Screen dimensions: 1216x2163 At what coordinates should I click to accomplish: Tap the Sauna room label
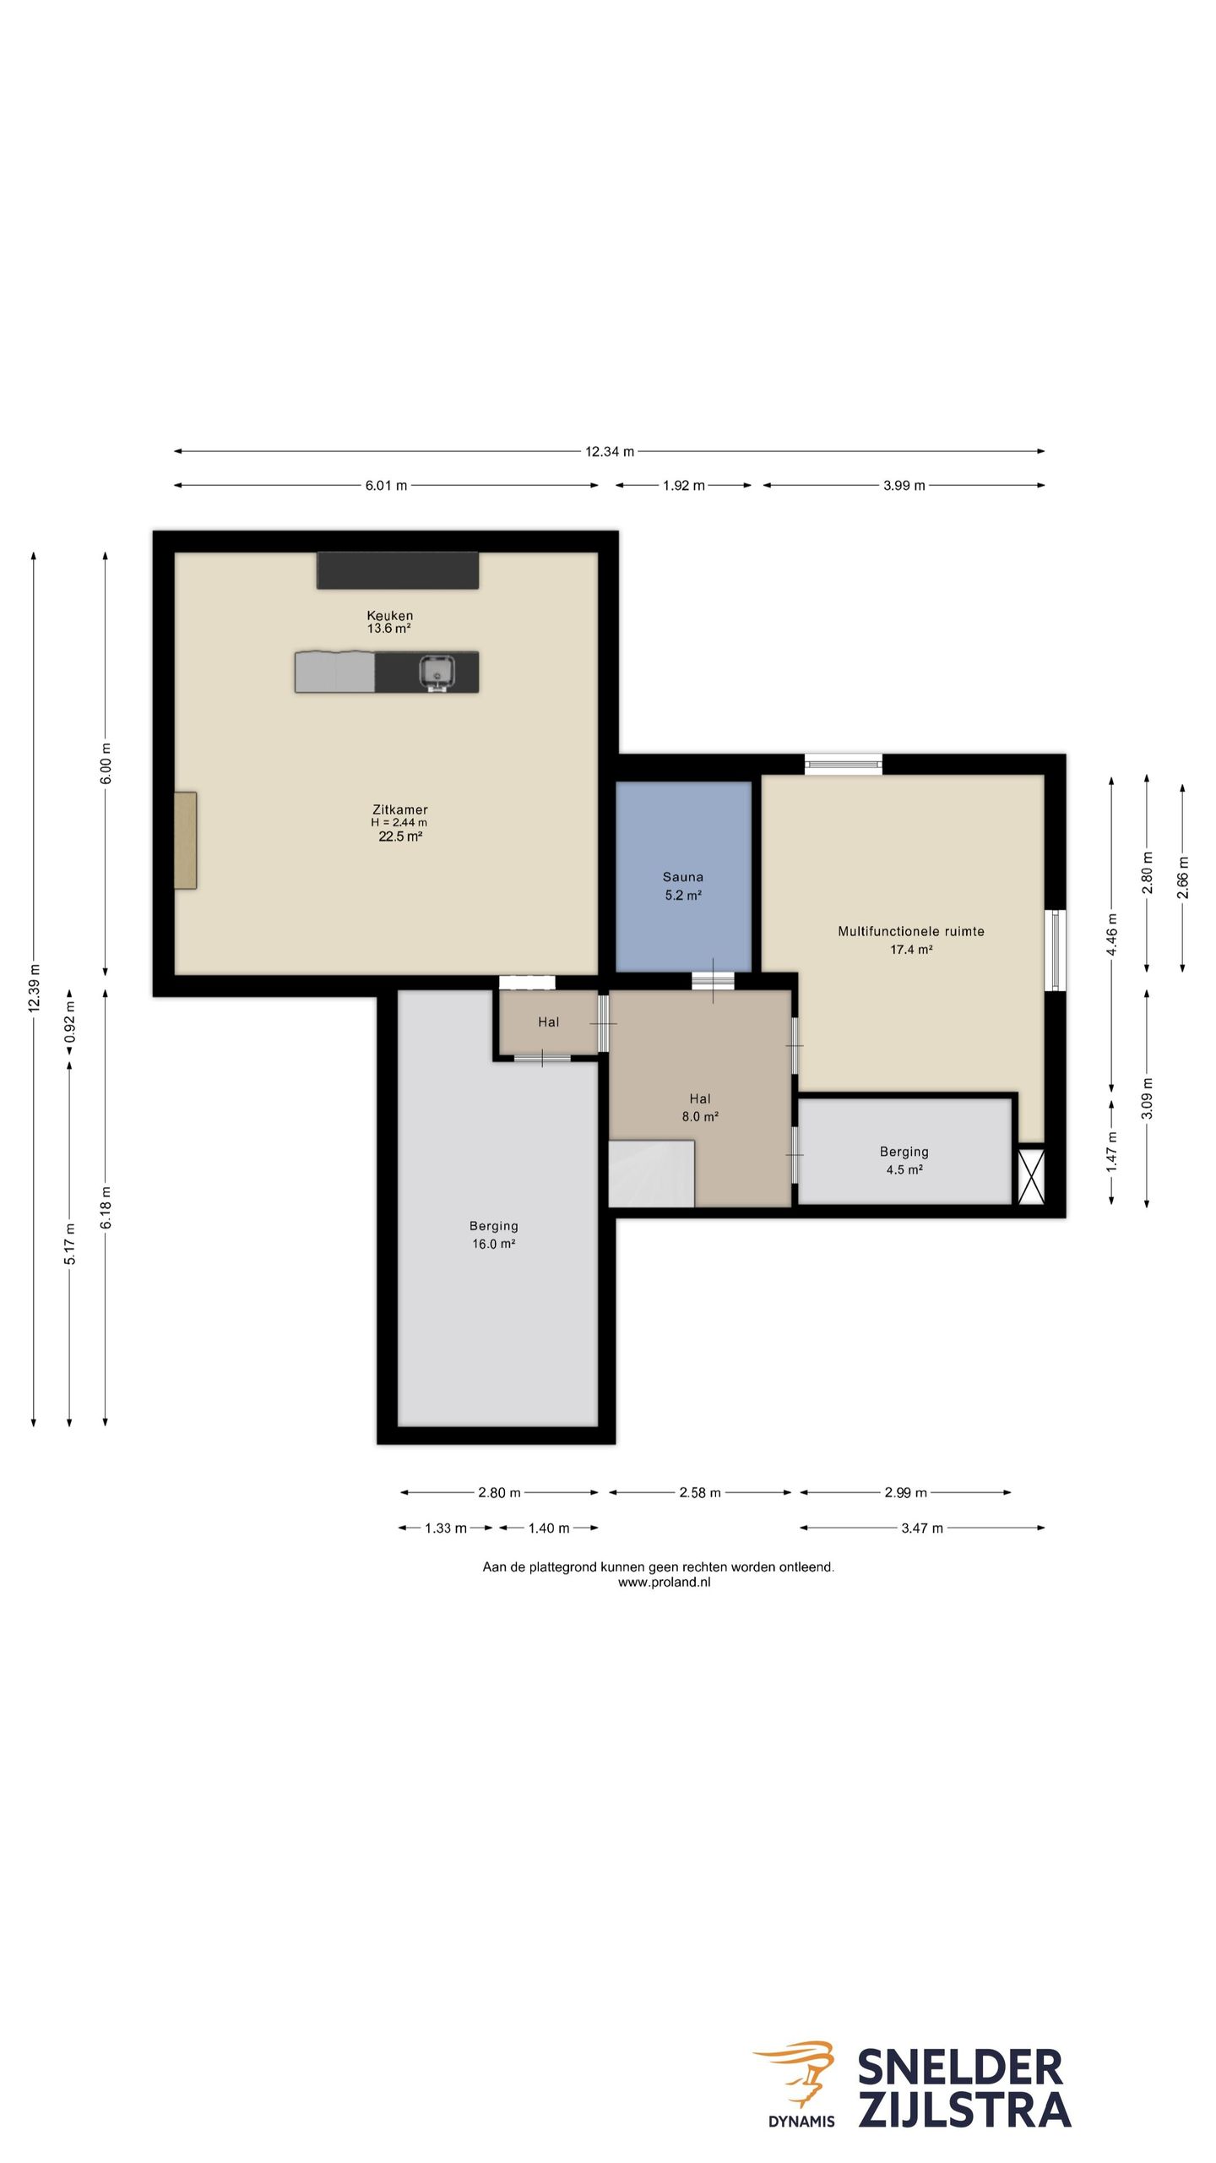coord(682,877)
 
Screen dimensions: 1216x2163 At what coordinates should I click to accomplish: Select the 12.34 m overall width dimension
coord(610,451)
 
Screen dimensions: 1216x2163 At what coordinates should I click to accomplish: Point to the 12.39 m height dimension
coord(34,989)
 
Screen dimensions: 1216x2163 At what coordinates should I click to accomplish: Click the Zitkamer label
coord(400,809)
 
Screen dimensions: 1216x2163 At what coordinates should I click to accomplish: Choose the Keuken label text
coord(390,615)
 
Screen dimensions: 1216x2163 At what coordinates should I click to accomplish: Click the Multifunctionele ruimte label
coord(911,931)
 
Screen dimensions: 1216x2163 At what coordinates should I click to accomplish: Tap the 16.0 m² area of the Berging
coord(494,1244)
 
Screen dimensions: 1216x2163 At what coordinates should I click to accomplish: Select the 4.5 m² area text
coord(904,1169)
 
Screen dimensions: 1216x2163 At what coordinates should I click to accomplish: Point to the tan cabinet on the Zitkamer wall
coord(185,840)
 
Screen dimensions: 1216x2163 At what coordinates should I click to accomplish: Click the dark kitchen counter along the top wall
coord(398,570)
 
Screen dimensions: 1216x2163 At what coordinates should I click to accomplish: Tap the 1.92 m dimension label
coord(684,485)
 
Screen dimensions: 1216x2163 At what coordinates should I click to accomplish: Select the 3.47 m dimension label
coord(922,1528)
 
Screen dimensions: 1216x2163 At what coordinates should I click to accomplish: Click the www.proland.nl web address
coord(664,1583)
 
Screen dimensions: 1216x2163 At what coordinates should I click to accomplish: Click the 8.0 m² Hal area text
coord(700,1116)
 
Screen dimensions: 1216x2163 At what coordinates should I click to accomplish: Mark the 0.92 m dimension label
coord(70,1022)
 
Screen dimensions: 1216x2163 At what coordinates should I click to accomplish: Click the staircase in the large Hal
coord(651,1173)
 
